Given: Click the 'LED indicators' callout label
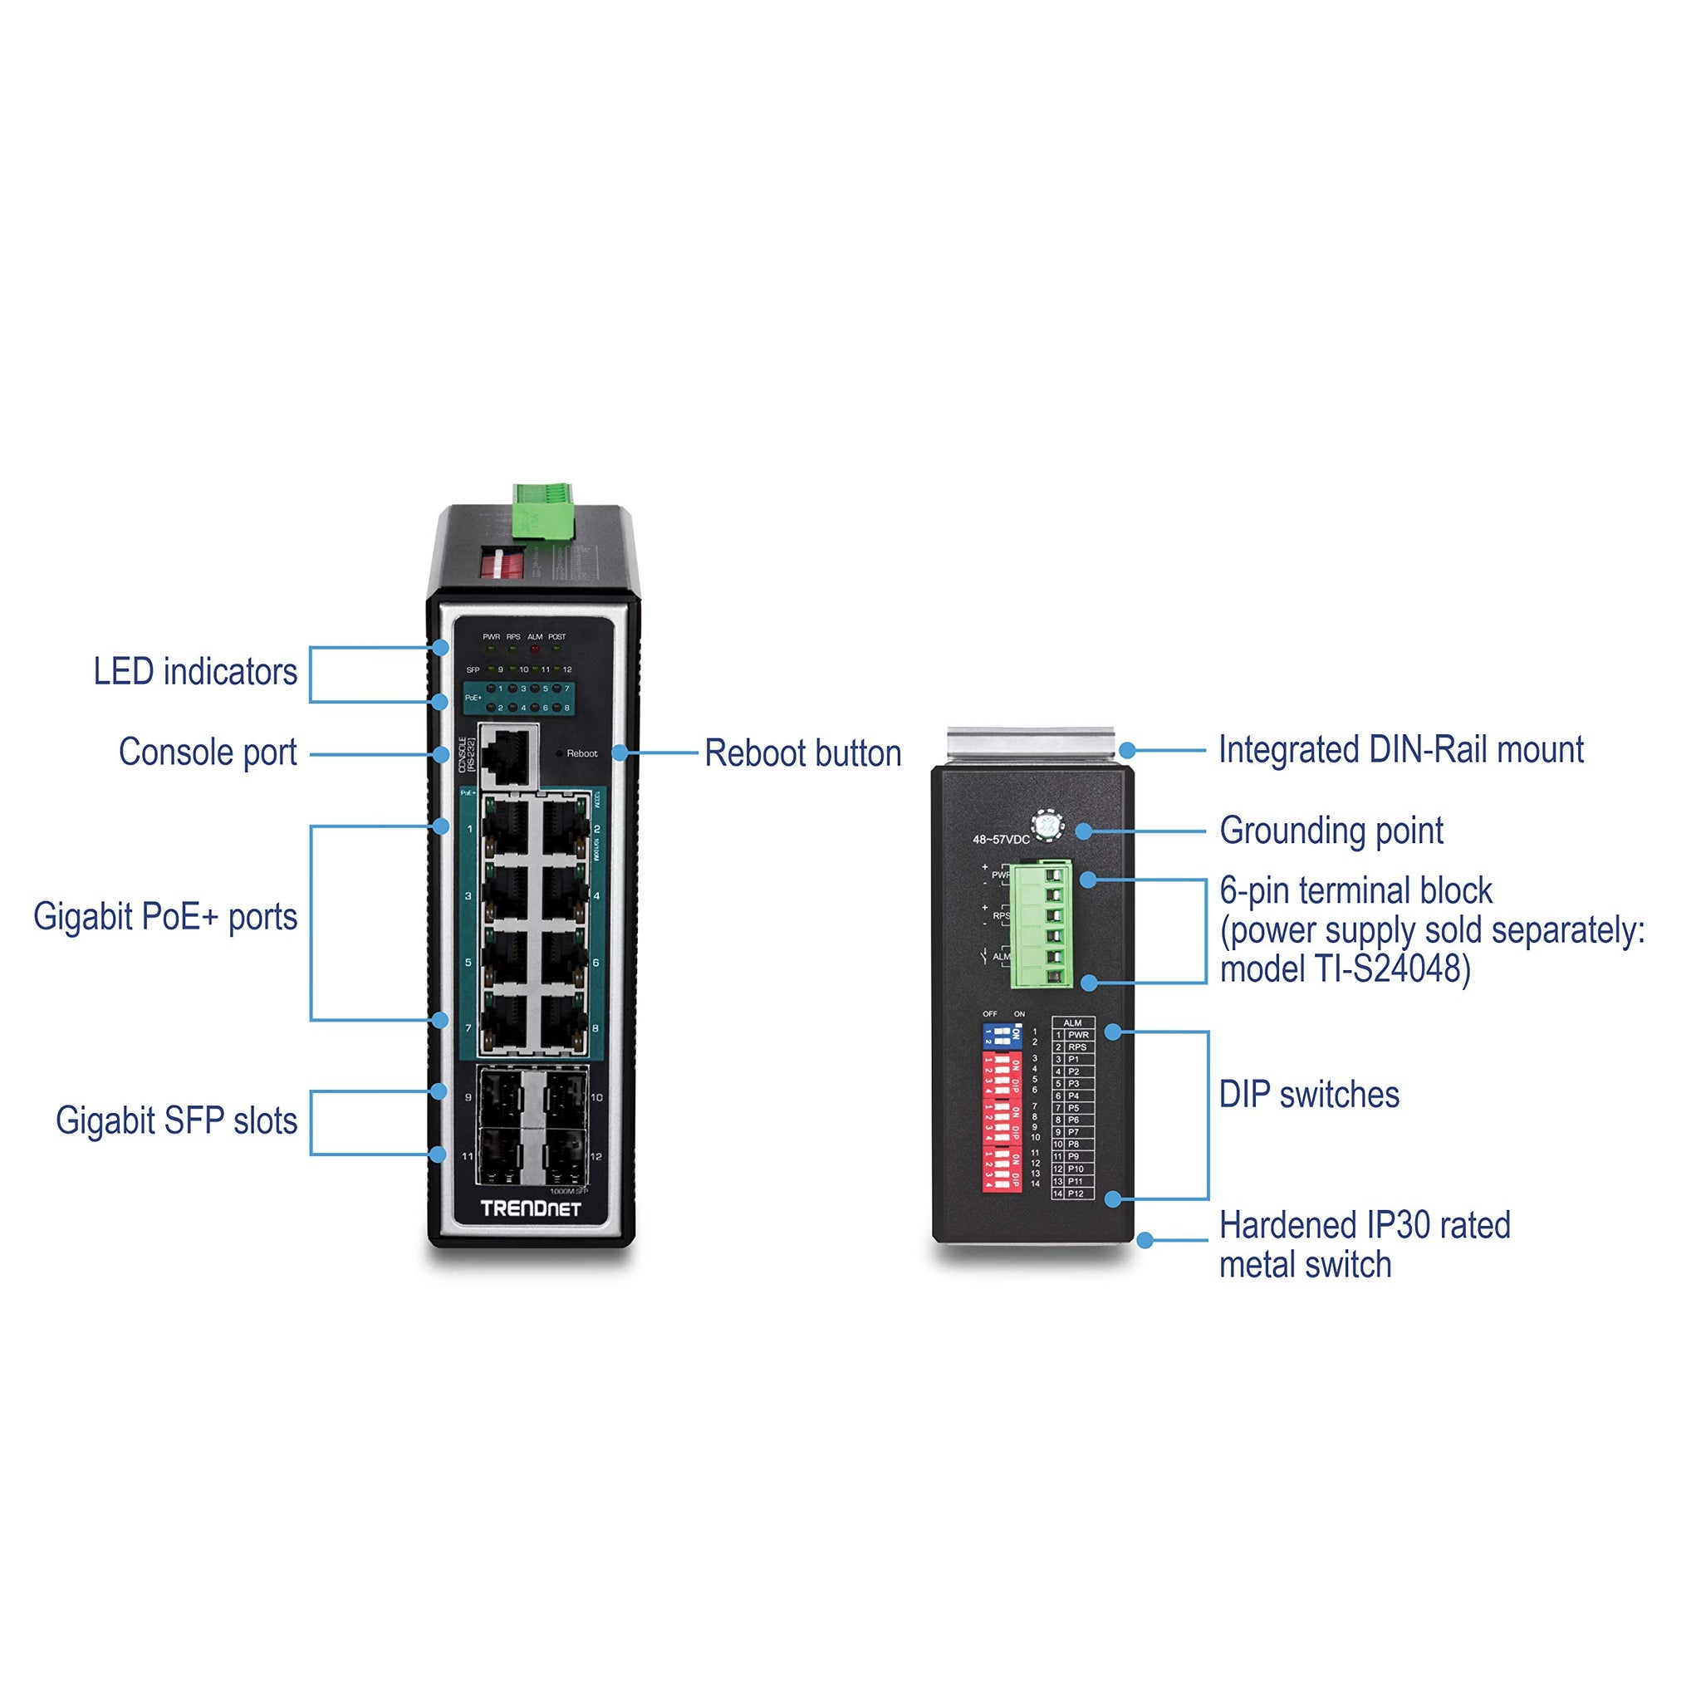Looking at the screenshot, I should pos(195,673).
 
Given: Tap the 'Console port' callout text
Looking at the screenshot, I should pos(208,753).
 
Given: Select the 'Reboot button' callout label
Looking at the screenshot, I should pos(803,754).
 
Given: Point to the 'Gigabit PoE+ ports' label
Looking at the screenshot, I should pos(165,918).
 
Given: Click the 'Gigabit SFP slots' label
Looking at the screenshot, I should pos(176,1121).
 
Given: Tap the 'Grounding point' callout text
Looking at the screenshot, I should pos(1331,831).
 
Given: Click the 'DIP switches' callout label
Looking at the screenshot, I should pos(1309,1096).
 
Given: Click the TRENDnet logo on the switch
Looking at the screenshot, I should pos(531,1208).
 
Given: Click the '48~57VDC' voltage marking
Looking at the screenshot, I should pos(1000,840).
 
